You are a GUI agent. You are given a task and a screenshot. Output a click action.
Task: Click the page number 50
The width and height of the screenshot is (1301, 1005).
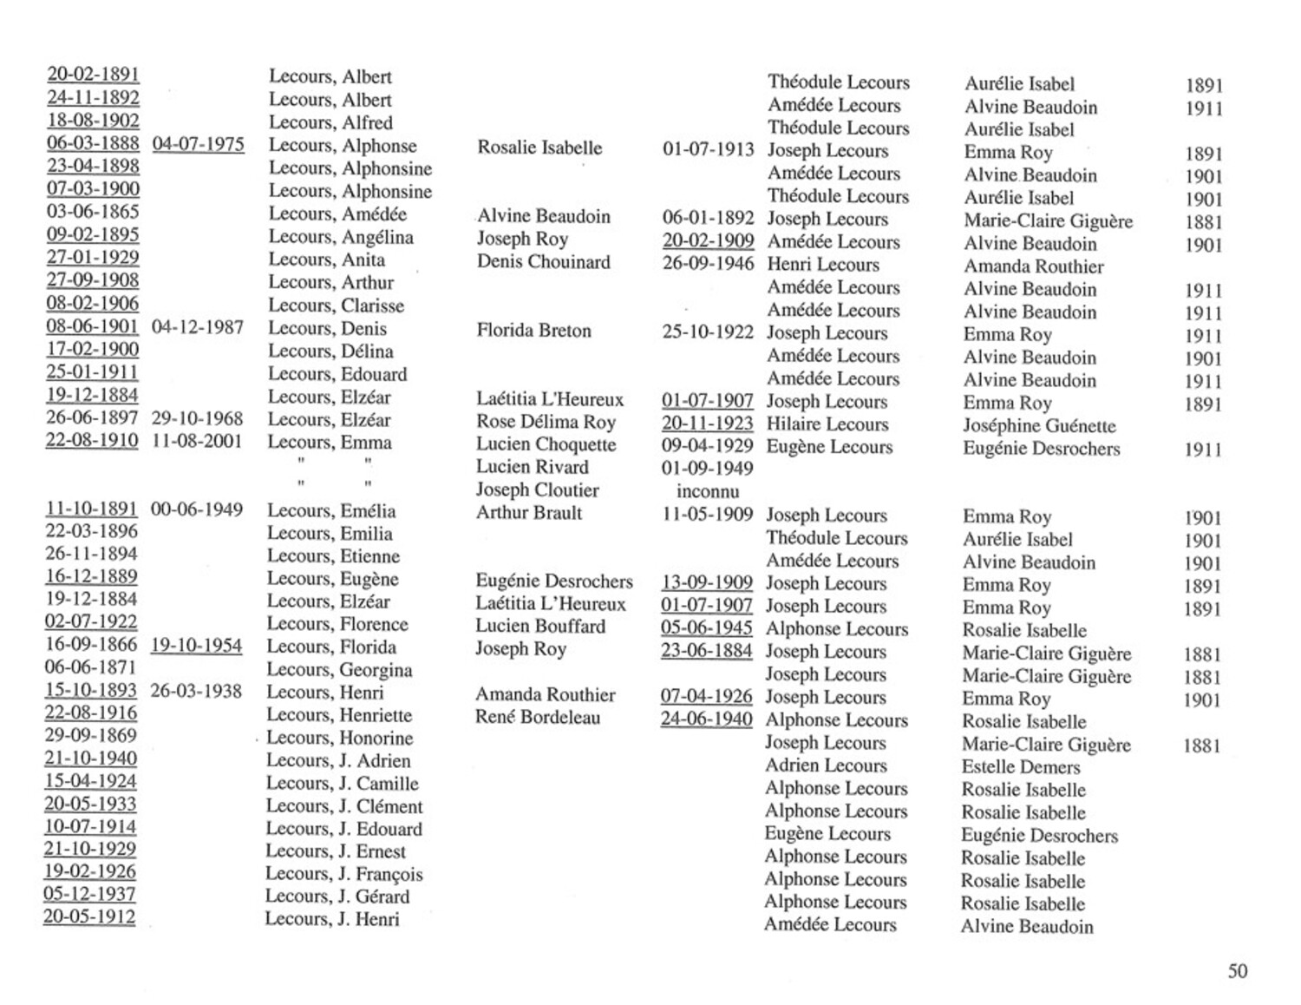click(x=1237, y=970)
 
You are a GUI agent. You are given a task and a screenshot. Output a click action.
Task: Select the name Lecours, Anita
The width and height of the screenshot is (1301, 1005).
click(x=327, y=259)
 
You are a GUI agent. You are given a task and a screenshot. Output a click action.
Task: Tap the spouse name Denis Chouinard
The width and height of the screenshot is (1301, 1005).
click(x=544, y=262)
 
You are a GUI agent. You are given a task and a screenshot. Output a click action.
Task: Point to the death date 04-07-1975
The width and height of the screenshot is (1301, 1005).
click(x=198, y=144)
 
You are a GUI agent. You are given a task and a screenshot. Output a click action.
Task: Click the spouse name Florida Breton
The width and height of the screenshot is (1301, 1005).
click(x=533, y=331)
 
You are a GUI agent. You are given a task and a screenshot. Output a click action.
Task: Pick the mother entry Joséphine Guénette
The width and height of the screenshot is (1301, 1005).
click(x=1039, y=426)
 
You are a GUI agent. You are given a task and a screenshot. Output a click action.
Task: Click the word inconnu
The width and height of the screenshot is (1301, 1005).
click(x=708, y=491)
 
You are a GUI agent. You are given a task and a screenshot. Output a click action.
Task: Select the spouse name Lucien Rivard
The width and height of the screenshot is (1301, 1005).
click(x=533, y=467)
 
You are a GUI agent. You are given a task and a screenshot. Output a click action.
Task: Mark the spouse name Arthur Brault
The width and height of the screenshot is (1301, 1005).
click(x=529, y=513)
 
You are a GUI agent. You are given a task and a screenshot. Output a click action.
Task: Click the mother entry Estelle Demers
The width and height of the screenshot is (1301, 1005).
click(x=1021, y=767)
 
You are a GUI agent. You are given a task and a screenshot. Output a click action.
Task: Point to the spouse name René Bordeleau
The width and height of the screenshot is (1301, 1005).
click(x=537, y=718)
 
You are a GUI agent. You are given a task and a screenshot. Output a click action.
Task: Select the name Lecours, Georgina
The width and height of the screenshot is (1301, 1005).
click(x=339, y=670)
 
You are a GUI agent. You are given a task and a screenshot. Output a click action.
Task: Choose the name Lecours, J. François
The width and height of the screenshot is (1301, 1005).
click(x=344, y=874)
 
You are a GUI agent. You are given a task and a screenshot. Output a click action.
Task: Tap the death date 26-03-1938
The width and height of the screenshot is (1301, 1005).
click(x=196, y=692)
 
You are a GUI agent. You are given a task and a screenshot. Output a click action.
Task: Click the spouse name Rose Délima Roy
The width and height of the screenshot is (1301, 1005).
click(x=546, y=423)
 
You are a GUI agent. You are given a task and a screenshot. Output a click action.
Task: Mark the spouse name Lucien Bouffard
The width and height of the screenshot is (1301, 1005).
click(x=540, y=627)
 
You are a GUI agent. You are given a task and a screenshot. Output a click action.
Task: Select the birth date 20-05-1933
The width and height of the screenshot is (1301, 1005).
click(x=90, y=805)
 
